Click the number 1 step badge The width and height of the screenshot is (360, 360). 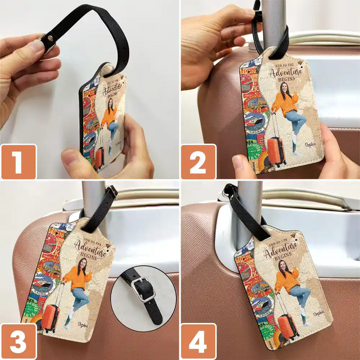click(x=18, y=162)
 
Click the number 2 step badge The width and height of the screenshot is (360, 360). click(x=198, y=162)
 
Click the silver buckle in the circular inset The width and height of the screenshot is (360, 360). click(x=144, y=291)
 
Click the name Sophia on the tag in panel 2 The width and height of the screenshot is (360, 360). click(x=311, y=144)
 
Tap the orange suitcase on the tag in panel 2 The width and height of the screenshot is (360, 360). click(x=275, y=149)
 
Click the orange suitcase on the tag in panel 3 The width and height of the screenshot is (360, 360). click(x=50, y=319)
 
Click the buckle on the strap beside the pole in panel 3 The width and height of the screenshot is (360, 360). click(x=112, y=192)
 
